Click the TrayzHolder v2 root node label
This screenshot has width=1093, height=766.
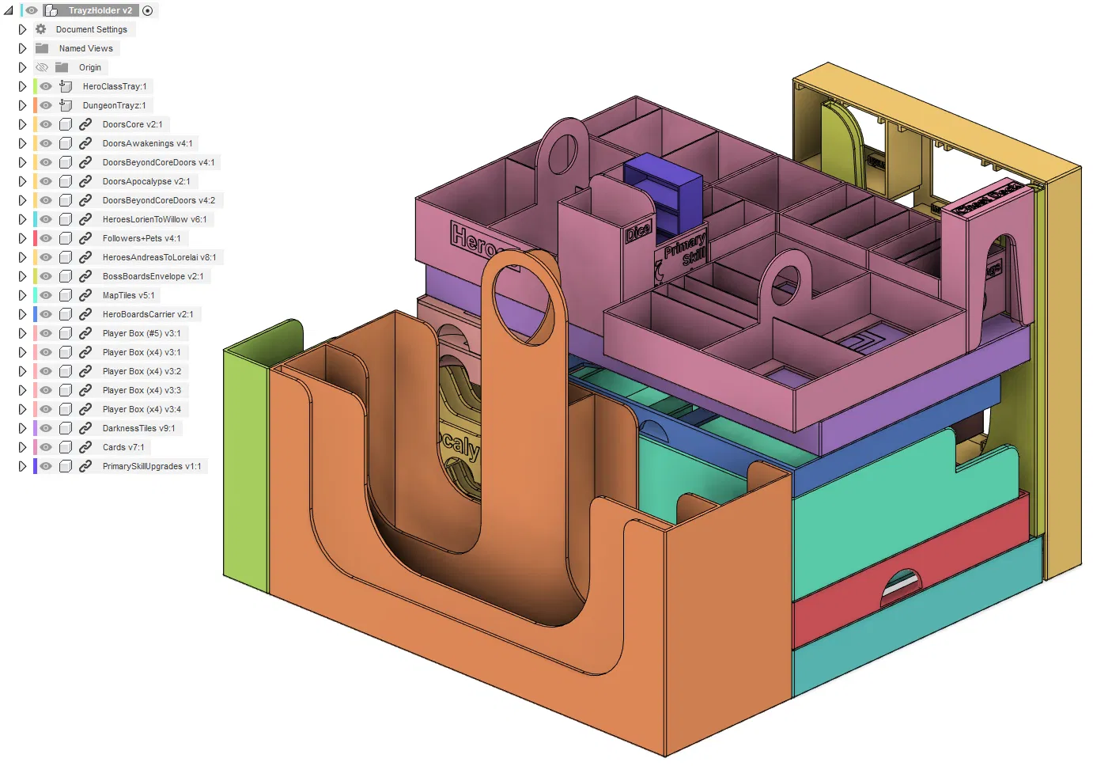[x=100, y=10]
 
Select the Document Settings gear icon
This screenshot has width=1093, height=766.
[x=41, y=29]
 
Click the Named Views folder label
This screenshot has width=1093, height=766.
[x=85, y=48]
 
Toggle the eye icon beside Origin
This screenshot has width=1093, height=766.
[x=43, y=67]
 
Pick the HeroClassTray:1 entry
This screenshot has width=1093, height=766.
[x=114, y=86]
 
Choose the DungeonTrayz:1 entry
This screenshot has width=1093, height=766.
[x=114, y=105]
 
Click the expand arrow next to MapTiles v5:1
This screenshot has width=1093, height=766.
[x=22, y=295]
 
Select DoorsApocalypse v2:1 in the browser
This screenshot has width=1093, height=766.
[x=146, y=181]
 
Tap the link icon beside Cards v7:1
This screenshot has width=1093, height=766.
[x=85, y=447]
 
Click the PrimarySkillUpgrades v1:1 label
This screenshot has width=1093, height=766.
[x=151, y=466]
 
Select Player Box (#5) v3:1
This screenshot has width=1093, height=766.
[x=141, y=333]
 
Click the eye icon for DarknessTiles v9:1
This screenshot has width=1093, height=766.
[x=46, y=428]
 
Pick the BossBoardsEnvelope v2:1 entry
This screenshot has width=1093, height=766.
[x=153, y=276]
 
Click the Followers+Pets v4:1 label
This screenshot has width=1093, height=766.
[x=141, y=238]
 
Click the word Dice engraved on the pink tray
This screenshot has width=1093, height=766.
[x=637, y=231]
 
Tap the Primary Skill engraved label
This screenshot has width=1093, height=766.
[x=685, y=249]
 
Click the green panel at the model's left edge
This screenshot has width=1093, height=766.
[x=245, y=467]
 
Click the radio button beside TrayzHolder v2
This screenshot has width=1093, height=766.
[x=147, y=10]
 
